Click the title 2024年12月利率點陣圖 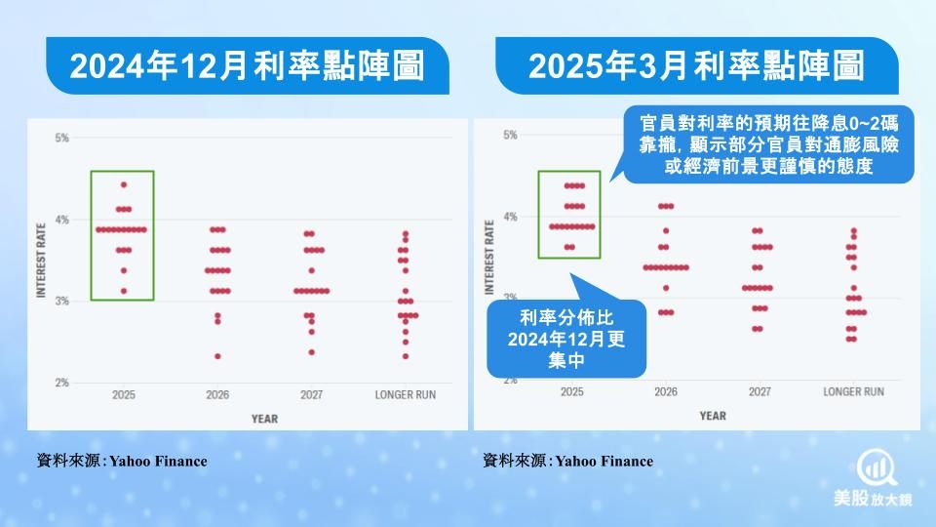[247, 65]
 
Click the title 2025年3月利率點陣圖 [696, 65]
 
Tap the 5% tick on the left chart [62, 138]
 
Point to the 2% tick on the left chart [62, 383]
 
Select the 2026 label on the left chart [217, 395]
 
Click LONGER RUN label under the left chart [406, 395]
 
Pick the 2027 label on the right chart [760, 392]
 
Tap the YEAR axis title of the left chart [264, 419]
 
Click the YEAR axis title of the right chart [713, 416]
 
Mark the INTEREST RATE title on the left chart [41, 260]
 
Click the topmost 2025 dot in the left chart [124, 185]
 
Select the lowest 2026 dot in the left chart [217, 357]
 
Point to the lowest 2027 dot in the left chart [312, 352]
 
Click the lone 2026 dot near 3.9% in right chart [666, 230]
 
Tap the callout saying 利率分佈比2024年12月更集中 [566, 339]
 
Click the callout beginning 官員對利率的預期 [769, 144]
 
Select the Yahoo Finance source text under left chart [122, 461]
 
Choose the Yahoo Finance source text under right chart [567, 461]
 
